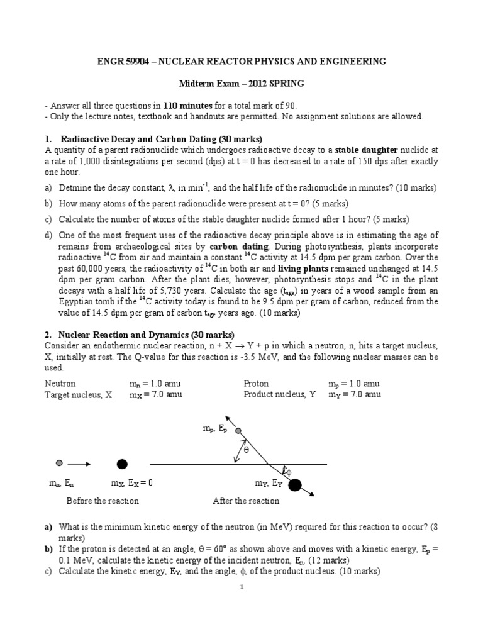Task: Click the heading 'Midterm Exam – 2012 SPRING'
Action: click(x=241, y=83)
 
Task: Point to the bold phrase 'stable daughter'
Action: click(x=365, y=150)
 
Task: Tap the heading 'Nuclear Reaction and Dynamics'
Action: click(x=117, y=335)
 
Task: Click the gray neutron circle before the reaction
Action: click(x=59, y=464)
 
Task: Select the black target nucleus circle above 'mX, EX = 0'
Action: click(x=122, y=464)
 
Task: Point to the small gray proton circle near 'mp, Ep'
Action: click(x=238, y=431)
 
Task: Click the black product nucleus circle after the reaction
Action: click(x=294, y=484)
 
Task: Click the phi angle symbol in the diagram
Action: click(x=287, y=470)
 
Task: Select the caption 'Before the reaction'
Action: click(x=103, y=501)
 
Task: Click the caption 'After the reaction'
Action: click(x=246, y=501)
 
